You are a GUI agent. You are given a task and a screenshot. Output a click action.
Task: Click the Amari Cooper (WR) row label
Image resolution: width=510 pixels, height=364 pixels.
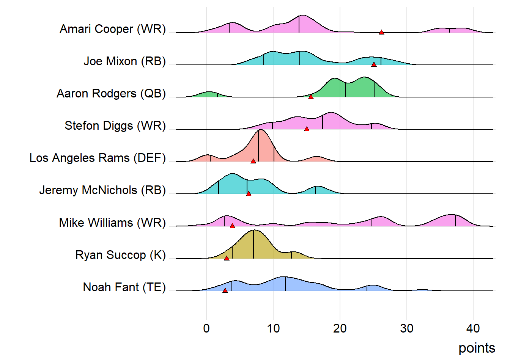point(113,29)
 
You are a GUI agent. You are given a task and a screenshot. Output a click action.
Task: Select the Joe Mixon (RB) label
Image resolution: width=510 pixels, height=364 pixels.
point(124,61)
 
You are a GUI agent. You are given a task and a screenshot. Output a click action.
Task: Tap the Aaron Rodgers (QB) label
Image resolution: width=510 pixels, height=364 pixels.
point(111,94)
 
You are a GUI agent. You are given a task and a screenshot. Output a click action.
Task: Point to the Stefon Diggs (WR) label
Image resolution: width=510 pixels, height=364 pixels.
point(115,126)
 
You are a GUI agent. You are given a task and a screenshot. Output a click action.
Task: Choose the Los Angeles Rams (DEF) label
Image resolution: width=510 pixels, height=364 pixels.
point(98,158)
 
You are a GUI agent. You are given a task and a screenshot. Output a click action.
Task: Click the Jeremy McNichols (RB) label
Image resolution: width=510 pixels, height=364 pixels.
point(102,190)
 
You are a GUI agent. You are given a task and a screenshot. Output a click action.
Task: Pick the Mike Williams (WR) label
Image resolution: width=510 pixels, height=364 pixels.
point(112,223)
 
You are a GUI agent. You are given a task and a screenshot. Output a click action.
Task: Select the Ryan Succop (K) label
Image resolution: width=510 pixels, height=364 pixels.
point(121,255)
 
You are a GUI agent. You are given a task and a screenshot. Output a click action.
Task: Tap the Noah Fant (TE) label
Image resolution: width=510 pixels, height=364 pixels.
point(124,287)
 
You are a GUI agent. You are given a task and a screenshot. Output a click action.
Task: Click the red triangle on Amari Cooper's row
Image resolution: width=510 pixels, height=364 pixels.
point(381,33)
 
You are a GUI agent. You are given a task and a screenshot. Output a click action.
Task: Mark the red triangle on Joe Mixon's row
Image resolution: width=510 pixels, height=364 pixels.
point(374,65)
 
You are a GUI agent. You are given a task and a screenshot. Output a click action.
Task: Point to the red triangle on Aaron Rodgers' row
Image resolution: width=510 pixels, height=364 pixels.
point(311,97)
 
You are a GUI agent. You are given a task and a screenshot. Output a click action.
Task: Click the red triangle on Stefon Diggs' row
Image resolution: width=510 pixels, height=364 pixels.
point(307,129)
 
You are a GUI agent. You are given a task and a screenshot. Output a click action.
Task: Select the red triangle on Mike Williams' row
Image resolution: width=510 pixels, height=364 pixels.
point(232,226)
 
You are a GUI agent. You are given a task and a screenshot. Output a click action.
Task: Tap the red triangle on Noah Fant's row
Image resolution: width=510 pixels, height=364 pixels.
point(225,291)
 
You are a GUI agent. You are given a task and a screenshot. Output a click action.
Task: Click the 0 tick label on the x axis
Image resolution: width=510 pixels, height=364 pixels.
point(206,328)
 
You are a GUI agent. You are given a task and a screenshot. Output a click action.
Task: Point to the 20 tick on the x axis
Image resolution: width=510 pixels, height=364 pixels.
point(340,328)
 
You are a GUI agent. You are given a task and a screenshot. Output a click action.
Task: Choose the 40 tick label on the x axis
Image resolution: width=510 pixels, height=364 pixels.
point(473,328)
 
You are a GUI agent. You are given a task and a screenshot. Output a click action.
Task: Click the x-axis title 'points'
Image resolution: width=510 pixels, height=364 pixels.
point(477,348)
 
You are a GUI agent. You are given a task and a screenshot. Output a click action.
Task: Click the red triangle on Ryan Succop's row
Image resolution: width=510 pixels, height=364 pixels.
point(227,259)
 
